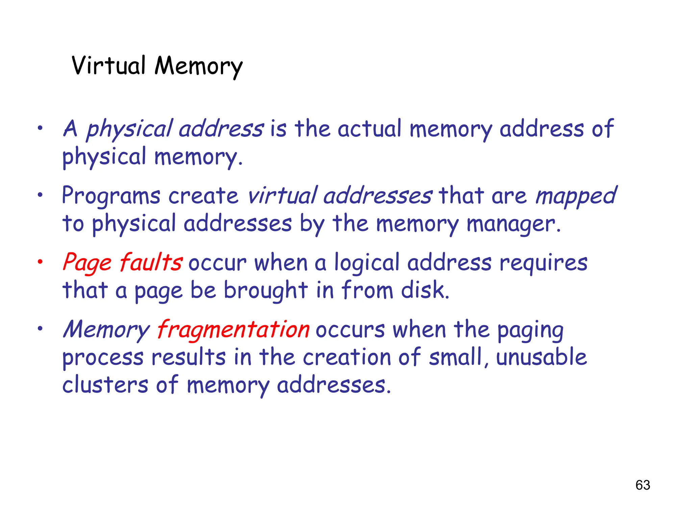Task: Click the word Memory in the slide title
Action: coord(198,66)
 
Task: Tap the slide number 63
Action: coord(643,485)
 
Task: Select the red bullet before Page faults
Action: coord(40,262)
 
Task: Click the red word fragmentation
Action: coord(233,329)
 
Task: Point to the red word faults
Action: coord(151,263)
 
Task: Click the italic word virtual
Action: coord(282,196)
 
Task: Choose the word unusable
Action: coord(541,357)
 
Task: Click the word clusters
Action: coord(105,385)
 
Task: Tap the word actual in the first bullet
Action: coord(369,129)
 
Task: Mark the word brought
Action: coord(266,291)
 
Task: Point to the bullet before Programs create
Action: coord(40,195)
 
